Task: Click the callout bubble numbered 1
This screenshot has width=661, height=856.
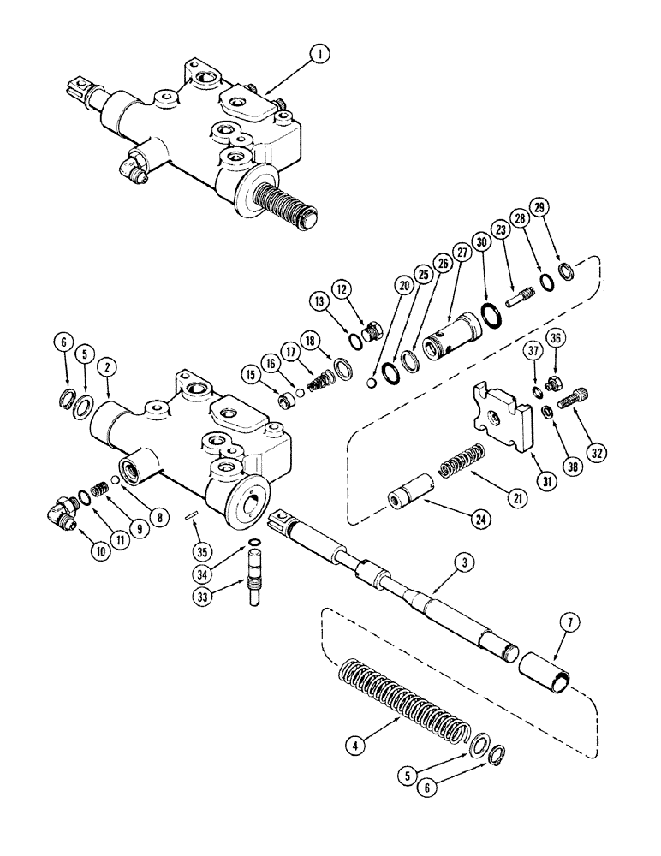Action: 319,56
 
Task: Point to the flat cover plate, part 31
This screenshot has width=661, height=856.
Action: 498,417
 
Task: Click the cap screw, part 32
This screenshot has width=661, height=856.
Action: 573,399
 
